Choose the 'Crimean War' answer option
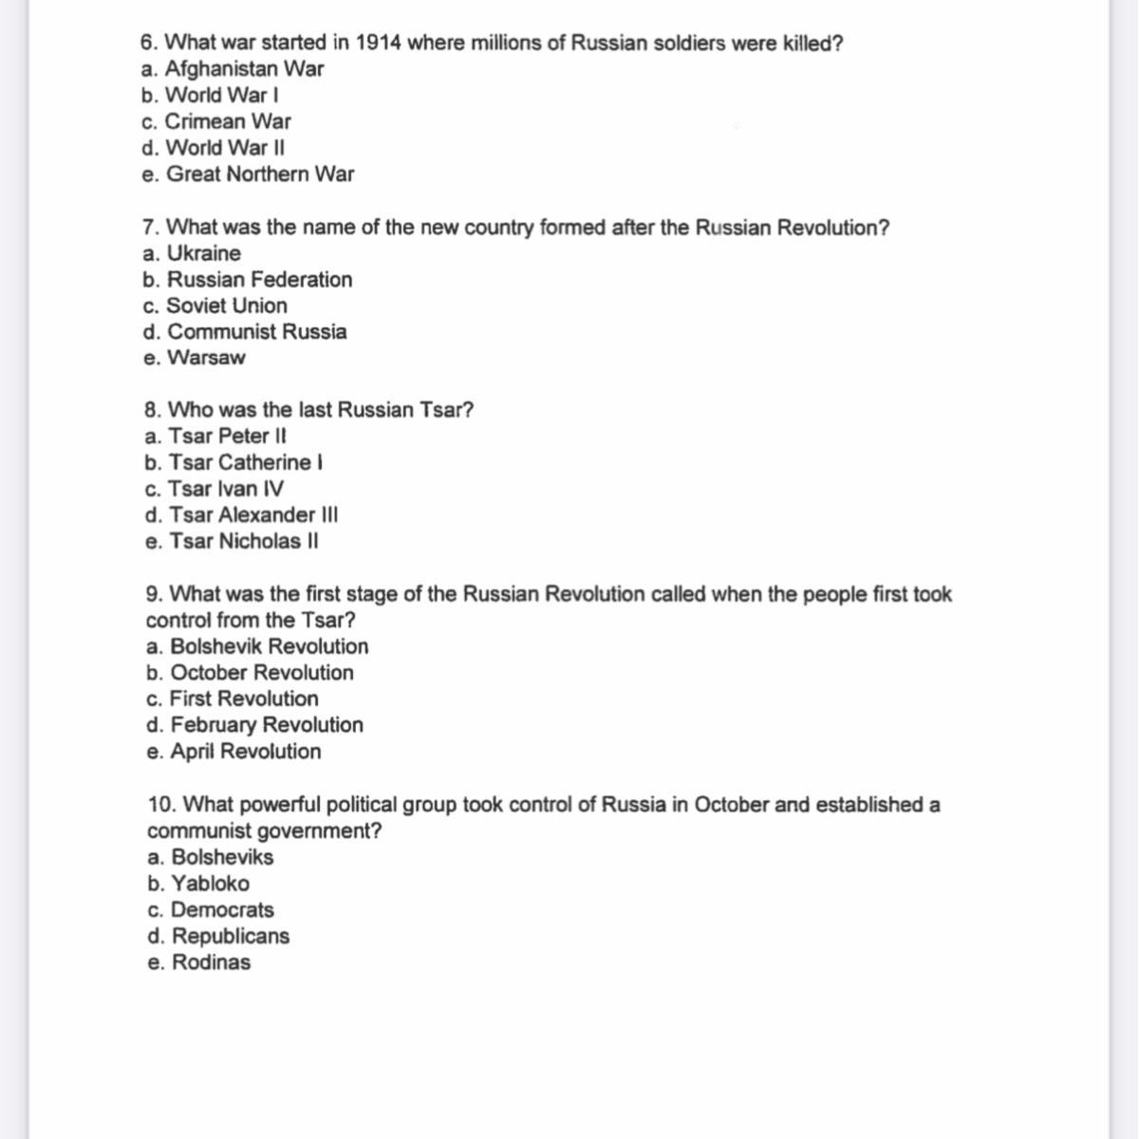(x=216, y=121)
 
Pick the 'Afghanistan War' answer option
(x=233, y=69)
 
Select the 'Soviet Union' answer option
(x=215, y=306)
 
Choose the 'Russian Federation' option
(x=248, y=280)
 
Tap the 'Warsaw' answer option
(x=195, y=358)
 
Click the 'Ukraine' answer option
(x=193, y=253)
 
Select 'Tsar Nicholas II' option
(x=233, y=542)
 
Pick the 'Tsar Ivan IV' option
(x=215, y=489)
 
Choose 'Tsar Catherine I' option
(x=234, y=463)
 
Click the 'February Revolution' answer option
(x=255, y=725)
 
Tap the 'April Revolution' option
(x=234, y=752)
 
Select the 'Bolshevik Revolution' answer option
(x=258, y=646)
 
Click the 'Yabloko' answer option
(x=199, y=884)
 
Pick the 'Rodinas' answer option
(x=200, y=962)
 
